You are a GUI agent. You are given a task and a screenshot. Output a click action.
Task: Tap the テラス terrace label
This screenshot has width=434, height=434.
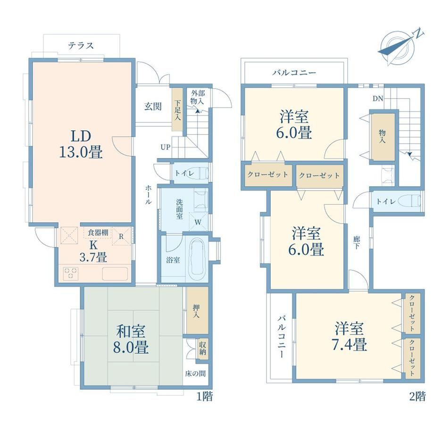tap(81, 45)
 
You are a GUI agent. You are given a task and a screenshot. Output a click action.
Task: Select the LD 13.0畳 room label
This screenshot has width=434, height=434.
tap(81, 144)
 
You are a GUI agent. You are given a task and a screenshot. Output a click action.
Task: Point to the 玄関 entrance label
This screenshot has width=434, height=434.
tap(153, 107)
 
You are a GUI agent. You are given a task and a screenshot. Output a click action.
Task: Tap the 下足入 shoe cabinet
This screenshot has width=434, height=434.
tap(177, 109)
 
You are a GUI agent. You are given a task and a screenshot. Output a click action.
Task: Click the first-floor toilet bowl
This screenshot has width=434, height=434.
tap(200, 174)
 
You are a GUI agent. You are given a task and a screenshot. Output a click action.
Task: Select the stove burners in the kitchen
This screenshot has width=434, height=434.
tap(71, 274)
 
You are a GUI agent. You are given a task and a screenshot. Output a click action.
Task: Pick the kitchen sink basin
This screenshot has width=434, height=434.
tap(115, 274)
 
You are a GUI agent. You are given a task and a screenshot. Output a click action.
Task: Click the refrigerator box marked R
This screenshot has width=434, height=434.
tap(122, 236)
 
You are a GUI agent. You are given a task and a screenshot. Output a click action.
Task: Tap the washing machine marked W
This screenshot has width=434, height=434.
tap(198, 222)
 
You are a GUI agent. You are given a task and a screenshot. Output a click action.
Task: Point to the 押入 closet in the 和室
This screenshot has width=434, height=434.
tap(197, 310)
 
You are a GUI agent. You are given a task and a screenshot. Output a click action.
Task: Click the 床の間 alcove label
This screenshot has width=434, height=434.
tap(195, 374)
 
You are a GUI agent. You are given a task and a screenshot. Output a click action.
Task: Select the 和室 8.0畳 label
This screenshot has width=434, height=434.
tap(131, 339)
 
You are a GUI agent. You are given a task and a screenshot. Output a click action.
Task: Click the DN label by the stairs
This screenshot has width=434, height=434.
tap(378, 98)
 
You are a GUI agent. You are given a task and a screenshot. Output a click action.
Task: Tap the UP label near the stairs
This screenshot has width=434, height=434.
tap(166, 147)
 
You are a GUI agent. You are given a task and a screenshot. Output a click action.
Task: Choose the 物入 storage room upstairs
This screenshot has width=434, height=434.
tap(383, 137)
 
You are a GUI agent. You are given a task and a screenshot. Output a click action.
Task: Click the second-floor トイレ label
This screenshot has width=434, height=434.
tap(386, 201)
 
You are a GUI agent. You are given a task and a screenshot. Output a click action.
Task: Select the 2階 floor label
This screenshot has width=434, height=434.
tap(417, 396)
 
